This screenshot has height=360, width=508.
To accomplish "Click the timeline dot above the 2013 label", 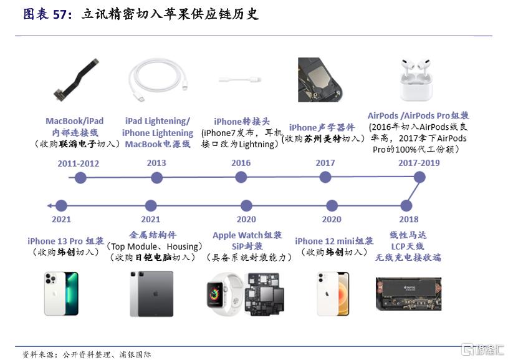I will point(156,178).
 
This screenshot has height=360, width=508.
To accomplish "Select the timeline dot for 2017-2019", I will point(419,177).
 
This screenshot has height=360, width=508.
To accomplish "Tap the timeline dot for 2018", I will point(408,205).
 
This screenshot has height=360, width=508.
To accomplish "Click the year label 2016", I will point(241,163).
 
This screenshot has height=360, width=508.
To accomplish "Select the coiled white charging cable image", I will point(156,80).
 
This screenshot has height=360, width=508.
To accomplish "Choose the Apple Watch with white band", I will point(223,293).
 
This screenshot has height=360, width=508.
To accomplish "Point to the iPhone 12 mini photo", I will point(333,293).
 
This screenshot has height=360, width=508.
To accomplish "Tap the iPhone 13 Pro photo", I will point(61,293).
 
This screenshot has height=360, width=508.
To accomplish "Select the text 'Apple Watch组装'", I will point(247,235).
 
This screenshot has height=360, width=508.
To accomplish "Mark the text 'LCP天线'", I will point(407,246).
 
